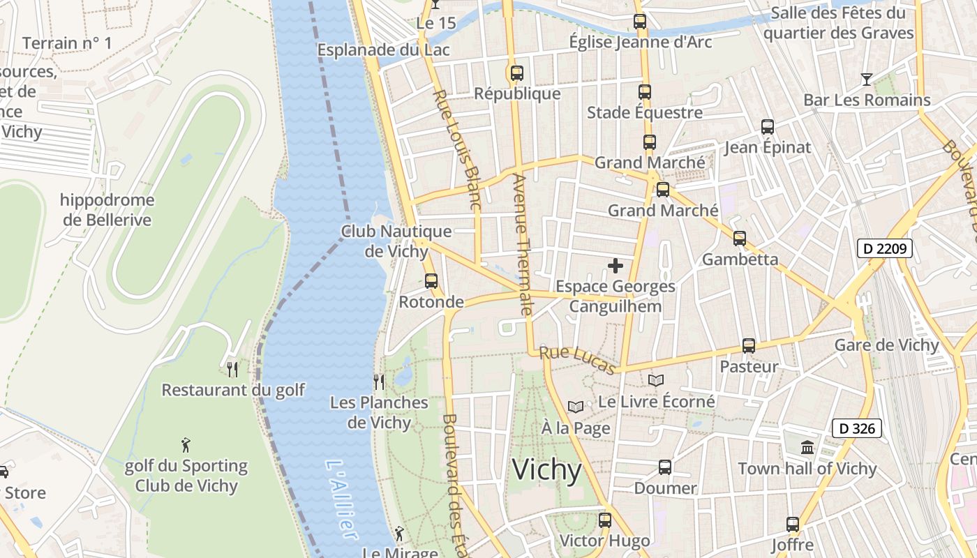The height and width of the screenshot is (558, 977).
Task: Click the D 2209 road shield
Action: pos(885,248)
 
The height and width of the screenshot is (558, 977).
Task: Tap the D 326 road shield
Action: pos(856,428)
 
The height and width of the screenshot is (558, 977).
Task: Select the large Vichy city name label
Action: pos(546,470)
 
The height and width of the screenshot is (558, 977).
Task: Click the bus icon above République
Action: pos(516,73)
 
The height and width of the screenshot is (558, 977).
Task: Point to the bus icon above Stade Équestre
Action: pos(644,91)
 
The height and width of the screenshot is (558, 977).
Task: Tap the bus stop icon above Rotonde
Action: pos(431,281)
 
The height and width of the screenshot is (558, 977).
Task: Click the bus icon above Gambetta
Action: pos(740,239)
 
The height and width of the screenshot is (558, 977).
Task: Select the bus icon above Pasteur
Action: pos(749,346)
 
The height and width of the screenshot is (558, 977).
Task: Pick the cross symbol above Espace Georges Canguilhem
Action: pos(616,266)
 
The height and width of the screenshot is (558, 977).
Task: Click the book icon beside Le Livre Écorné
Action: pos(655,380)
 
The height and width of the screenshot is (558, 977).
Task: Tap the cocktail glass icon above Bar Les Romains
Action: pos(866,80)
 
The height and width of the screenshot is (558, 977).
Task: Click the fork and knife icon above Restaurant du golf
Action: pos(233,369)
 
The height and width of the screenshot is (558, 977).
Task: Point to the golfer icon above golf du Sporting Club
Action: pos(186,445)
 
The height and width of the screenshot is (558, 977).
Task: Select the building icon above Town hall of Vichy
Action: pos(807,447)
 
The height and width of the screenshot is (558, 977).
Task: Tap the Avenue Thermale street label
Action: pos(522,244)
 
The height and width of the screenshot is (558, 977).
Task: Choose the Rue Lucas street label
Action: pos(578,360)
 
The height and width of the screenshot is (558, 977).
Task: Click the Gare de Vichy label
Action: pos(887,345)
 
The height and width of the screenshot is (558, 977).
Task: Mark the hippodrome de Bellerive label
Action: pos(107,210)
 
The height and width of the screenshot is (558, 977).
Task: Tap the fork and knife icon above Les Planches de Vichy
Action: pos(379,382)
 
